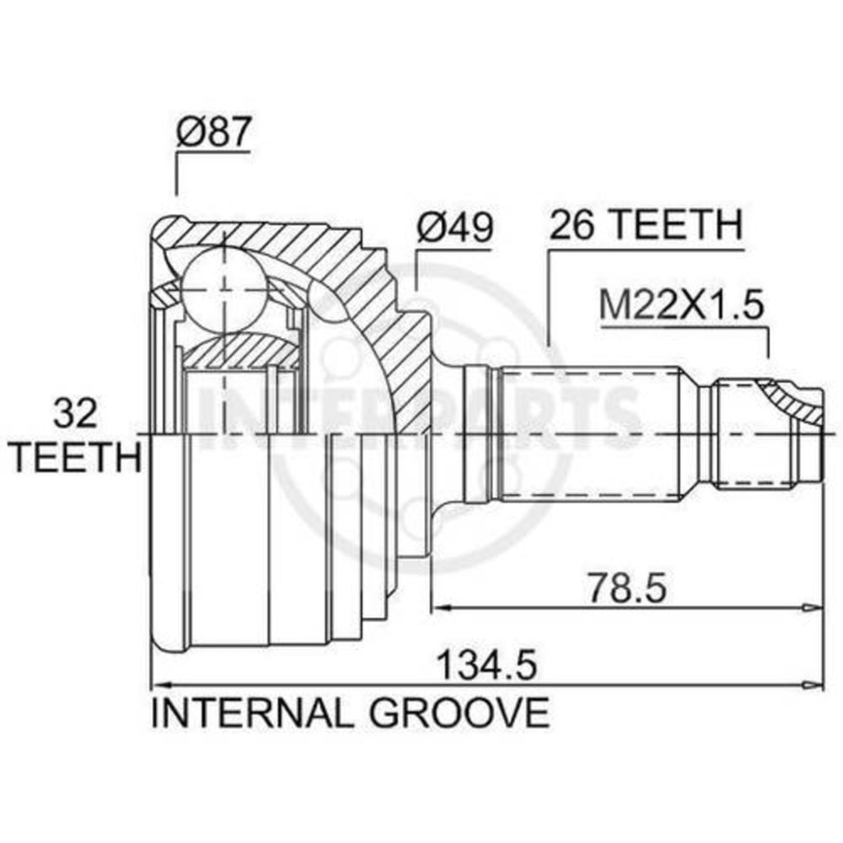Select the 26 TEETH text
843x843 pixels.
tap(647, 224)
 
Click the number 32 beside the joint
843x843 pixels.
tap(75, 413)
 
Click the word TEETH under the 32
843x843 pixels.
tap(76, 457)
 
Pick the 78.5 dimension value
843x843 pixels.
tap(626, 588)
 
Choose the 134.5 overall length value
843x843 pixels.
tap(486, 665)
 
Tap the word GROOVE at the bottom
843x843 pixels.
tap(459, 713)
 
